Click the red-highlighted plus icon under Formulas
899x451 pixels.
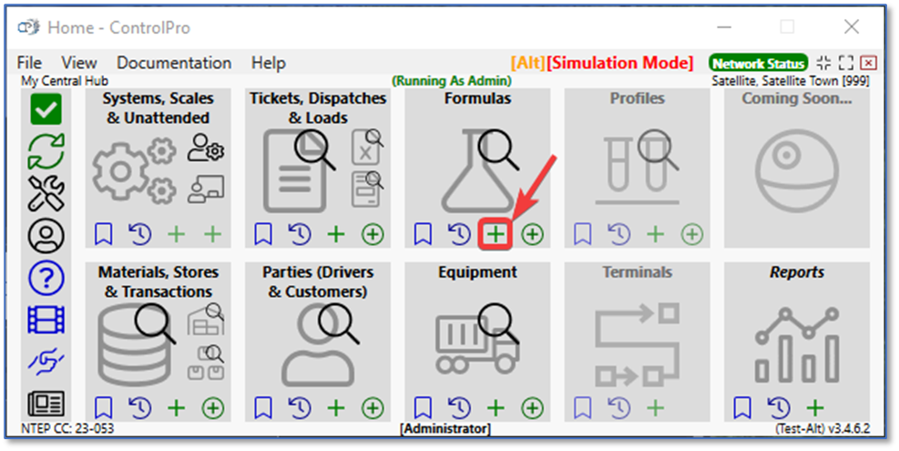(495, 234)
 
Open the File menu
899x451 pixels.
(29, 63)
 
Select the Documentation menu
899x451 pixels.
(174, 63)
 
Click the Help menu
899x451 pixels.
(269, 63)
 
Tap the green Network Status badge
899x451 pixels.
(758, 63)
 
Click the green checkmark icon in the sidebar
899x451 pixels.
(46, 109)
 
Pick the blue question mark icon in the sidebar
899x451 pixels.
(46, 278)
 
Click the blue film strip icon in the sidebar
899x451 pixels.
(46, 320)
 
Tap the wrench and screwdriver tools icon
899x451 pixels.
(46, 193)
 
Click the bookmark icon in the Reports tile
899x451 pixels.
(742, 408)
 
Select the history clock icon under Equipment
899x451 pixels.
(459, 408)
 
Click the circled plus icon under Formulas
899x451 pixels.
(533, 234)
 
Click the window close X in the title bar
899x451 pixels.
(852, 27)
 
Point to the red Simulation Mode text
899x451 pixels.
(619, 63)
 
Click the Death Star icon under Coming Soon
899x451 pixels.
(797, 171)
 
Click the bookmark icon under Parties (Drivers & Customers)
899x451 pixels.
(263, 408)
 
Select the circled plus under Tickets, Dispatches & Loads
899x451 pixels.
(373, 234)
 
